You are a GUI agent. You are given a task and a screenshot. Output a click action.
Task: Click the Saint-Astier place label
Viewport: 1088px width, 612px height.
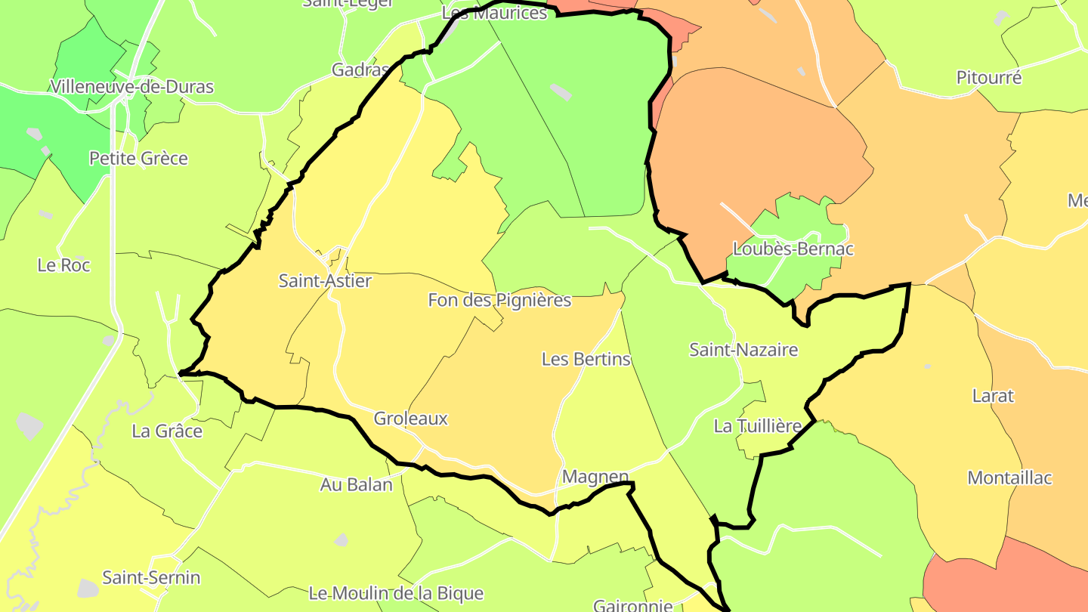tap(325, 281)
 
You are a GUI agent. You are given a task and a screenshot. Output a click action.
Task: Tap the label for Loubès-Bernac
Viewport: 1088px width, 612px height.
tap(793, 249)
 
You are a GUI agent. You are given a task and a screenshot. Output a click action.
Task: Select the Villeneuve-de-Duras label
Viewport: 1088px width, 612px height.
tap(132, 87)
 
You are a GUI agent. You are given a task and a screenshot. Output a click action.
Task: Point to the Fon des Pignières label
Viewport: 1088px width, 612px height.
tap(499, 300)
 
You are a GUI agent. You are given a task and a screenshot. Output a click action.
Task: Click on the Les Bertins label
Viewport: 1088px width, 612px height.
tap(586, 359)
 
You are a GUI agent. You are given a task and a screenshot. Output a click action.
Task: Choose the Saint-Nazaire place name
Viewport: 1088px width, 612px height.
tap(743, 350)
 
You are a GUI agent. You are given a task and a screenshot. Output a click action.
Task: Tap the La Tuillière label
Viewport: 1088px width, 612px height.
tap(758, 426)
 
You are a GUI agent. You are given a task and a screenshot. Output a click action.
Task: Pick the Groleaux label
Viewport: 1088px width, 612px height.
tap(411, 419)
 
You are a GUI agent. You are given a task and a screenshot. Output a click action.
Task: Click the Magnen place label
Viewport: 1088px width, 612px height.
tap(595, 477)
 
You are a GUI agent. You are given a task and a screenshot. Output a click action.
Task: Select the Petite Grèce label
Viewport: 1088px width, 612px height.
tap(138, 159)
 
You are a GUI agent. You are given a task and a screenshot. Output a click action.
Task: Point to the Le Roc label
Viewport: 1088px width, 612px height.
tap(63, 265)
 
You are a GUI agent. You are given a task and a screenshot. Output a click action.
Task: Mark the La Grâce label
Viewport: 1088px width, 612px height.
tap(167, 431)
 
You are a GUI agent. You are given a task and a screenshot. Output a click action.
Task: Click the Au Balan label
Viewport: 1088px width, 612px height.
tap(357, 485)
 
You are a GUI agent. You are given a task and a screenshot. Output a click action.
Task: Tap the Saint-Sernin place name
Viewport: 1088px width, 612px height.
tap(152, 578)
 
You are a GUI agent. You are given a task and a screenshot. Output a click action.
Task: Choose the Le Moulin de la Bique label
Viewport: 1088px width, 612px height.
tap(396, 593)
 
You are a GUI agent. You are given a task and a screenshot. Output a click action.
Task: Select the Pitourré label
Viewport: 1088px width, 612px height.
tap(989, 77)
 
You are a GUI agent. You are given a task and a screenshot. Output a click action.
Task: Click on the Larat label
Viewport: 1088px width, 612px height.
tap(993, 396)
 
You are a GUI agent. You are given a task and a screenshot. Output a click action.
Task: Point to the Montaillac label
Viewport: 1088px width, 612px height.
tap(1010, 478)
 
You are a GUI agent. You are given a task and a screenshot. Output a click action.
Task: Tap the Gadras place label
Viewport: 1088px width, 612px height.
tap(360, 70)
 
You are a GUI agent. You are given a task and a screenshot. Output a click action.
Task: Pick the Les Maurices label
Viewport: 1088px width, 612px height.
tap(494, 13)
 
